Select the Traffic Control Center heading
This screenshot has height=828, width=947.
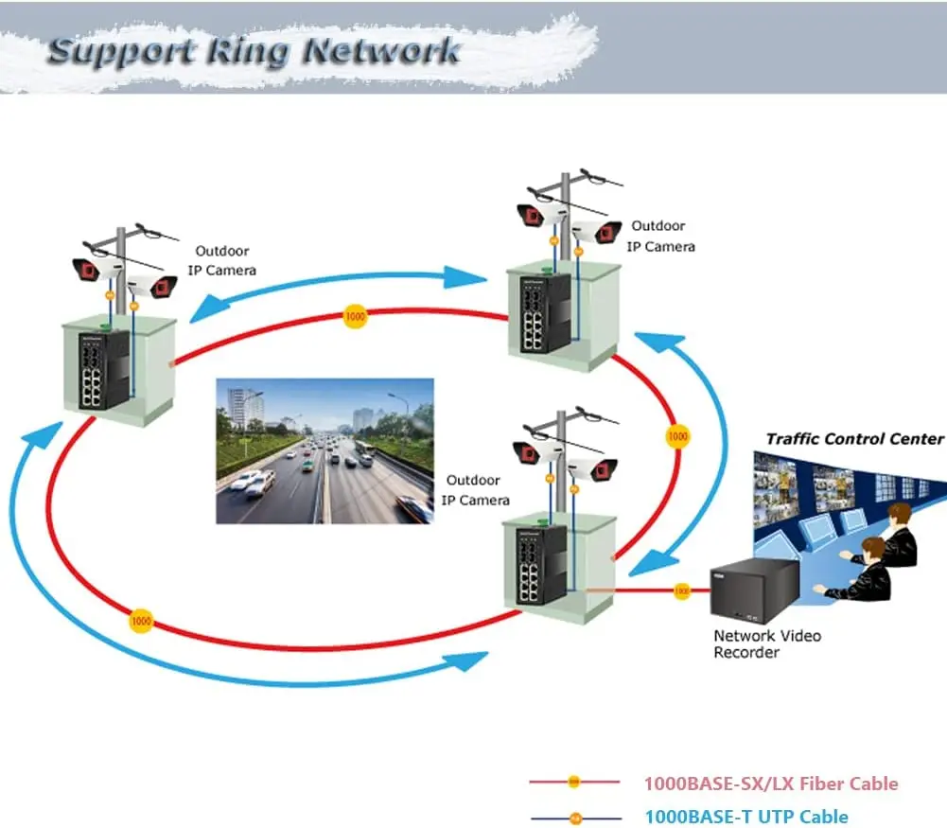(854, 439)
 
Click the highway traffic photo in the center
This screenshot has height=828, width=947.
(324, 450)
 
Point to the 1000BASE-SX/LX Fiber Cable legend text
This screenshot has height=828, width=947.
(771, 784)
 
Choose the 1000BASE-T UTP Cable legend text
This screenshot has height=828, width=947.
(746, 817)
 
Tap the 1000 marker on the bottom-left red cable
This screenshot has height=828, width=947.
(141, 622)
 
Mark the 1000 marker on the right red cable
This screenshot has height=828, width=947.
(677, 437)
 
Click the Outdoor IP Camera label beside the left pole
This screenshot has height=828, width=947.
(225, 260)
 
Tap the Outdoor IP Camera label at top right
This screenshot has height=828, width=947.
(660, 236)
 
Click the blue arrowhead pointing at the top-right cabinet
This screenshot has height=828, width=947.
(467, 277)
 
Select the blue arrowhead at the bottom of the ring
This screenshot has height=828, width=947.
(468, 661)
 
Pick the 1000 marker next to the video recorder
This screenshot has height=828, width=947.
(681, 591)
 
